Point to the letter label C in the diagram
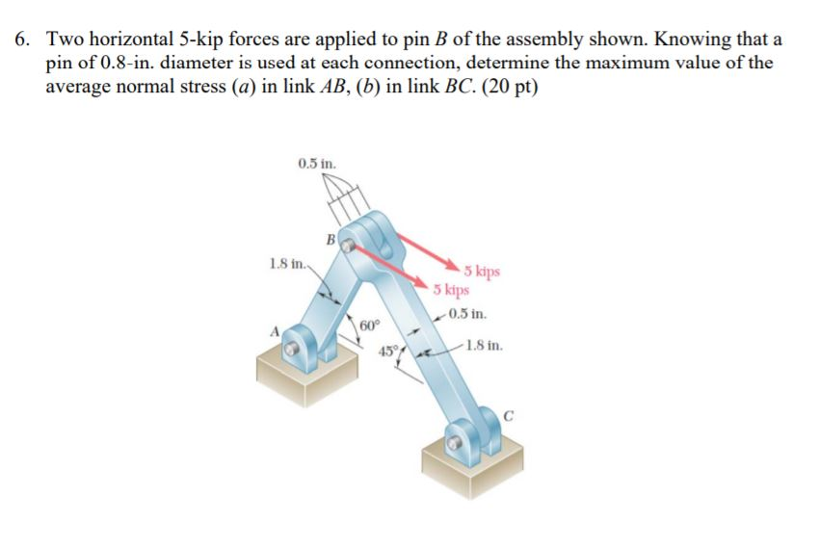click(x=512, y=416)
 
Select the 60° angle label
click(x=370, y=326)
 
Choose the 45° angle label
click(x=387, y=351)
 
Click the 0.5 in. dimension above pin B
click(x=317, y=163)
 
